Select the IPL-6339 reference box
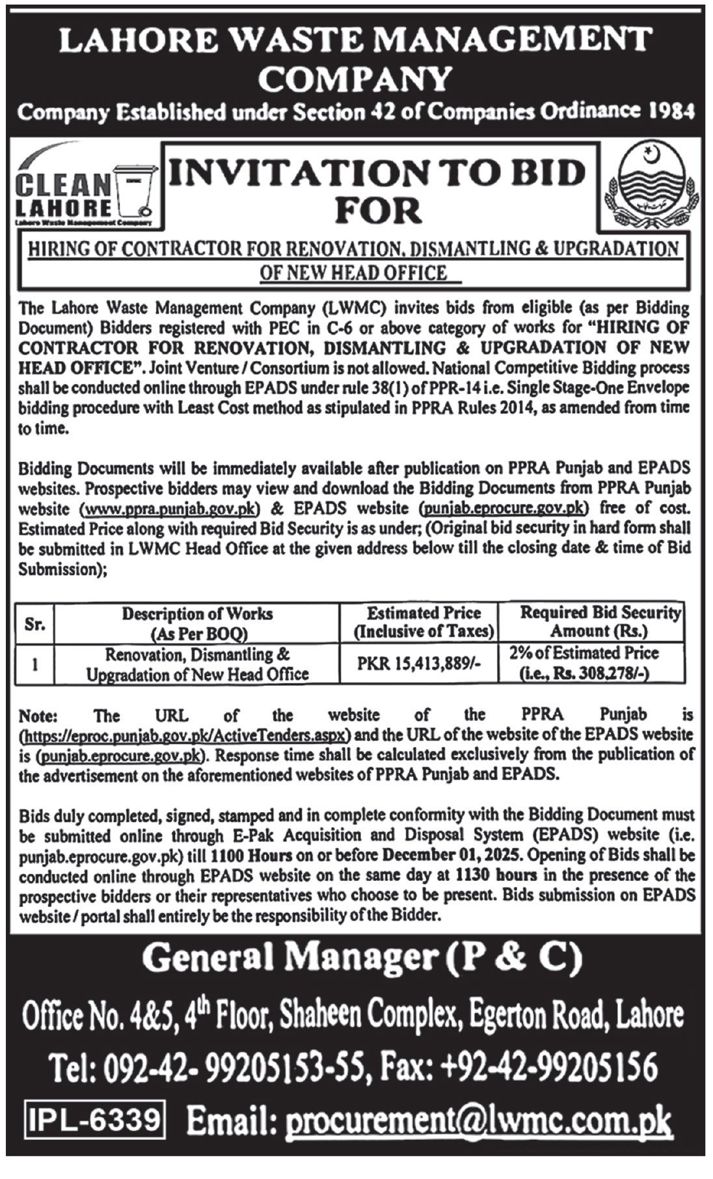click(x=93, y=1120)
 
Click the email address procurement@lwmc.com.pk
click(x=478, y=1121)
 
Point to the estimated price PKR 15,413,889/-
click(x=419, y=664)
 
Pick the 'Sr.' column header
click(x=34, y=623)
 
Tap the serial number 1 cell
click(x=34, y=664)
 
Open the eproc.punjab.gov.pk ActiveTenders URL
click(x=186, y=735)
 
